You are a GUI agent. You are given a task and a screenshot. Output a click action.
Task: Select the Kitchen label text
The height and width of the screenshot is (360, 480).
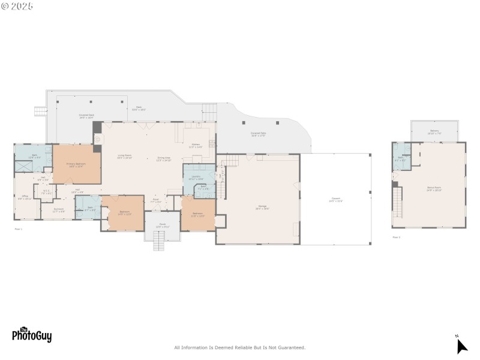(x=196, y=145)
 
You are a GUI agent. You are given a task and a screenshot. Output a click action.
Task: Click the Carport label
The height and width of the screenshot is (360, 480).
(x=335, y=200)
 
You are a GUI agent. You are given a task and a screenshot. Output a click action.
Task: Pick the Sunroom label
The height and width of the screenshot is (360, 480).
(x=59, y=210)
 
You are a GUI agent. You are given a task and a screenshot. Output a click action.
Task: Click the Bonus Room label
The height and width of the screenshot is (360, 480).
(x=434, y=188)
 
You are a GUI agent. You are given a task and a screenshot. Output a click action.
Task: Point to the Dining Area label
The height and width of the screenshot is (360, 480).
(x=164, y=158)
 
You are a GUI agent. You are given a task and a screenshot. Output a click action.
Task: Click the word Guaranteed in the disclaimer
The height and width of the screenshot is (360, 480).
(x=291, y=347)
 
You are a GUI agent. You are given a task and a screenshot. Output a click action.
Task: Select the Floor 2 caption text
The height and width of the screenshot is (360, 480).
(x=396, y=237)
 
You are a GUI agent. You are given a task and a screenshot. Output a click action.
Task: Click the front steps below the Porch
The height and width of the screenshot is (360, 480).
(x=160, y=242)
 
